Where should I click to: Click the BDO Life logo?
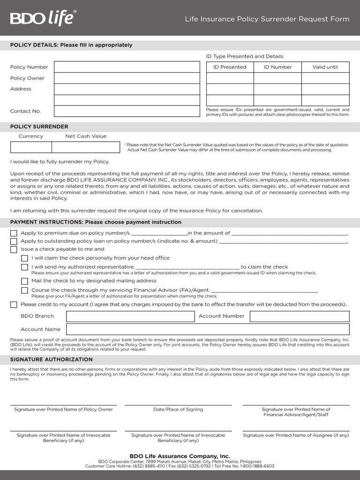(42, 18)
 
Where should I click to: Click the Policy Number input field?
(127, 67)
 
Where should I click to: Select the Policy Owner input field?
(127, 78)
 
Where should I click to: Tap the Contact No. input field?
(127, 111)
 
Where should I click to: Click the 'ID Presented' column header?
(230, 67)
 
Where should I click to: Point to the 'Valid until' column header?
(325, 67)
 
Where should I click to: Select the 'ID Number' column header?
(277, 67)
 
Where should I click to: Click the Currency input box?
(31, 147)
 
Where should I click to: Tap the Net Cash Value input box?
(85, 147)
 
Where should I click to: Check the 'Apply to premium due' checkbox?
(14, 233)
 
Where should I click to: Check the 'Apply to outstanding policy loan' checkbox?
(14, 241)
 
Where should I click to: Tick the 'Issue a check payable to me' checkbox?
(14, 249)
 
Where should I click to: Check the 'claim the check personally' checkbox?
(24, 258)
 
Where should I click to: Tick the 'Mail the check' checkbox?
(24, 281)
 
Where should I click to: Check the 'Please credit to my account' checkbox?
(14, 305)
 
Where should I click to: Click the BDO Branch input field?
(130, 316)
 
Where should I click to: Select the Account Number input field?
(300, 316)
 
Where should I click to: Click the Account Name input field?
(208, 329)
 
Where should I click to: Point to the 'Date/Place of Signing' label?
(178, 409)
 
